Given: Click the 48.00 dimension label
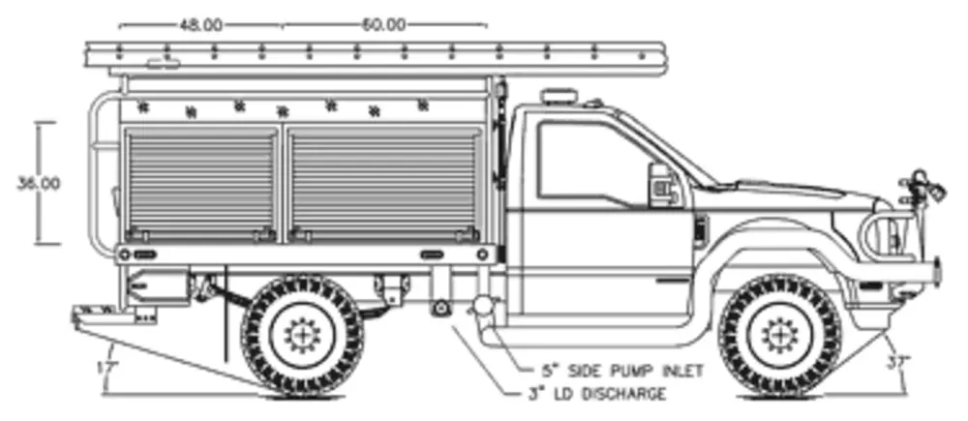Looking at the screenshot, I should [201, 24].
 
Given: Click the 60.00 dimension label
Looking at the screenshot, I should [383, 24].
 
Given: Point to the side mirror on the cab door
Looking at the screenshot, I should [661, 185].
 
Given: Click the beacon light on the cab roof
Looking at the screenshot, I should [558, 98].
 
